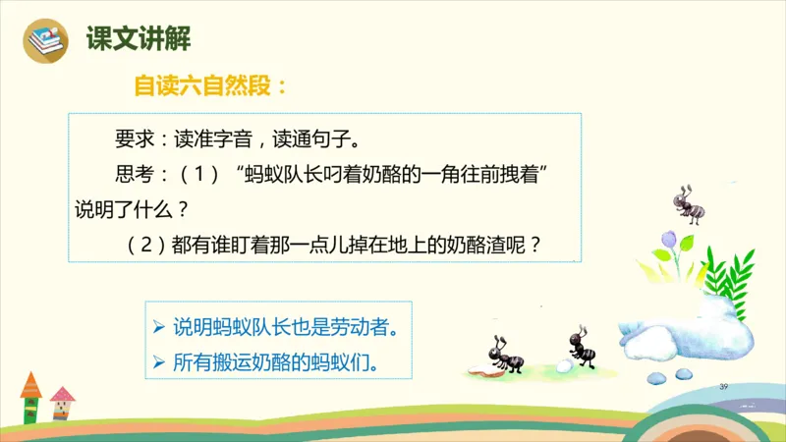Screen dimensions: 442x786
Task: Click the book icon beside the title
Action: coord(43,41)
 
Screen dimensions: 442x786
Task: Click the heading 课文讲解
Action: coord(138,39)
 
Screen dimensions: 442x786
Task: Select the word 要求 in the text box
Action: coord(134,136)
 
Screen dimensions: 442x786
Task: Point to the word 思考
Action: coord(134,175)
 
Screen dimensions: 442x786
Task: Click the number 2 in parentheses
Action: coord(139,245)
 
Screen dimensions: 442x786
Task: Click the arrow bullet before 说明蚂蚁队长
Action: coord(158,325)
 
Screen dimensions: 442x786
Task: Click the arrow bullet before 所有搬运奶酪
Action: coord(158,362)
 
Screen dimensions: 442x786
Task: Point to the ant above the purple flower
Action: coord(688,202)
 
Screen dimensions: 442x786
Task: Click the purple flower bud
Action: coord(669,239)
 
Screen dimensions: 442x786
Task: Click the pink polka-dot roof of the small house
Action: coord(63,395)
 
